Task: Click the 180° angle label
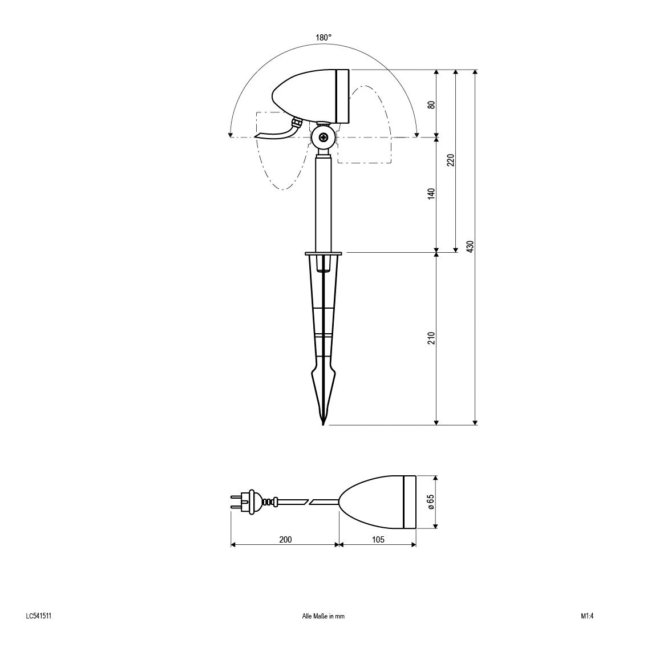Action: coord(323,38)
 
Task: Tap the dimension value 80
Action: coord(431,104)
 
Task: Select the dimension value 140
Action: coord(431,193)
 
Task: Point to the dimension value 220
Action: coord(451,160)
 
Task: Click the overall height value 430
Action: coord(470,246)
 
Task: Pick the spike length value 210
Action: coord(431,338)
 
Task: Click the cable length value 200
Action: coord(285,539)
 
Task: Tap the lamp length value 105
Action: coord(378,539)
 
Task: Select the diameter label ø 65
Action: coord(431,502)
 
